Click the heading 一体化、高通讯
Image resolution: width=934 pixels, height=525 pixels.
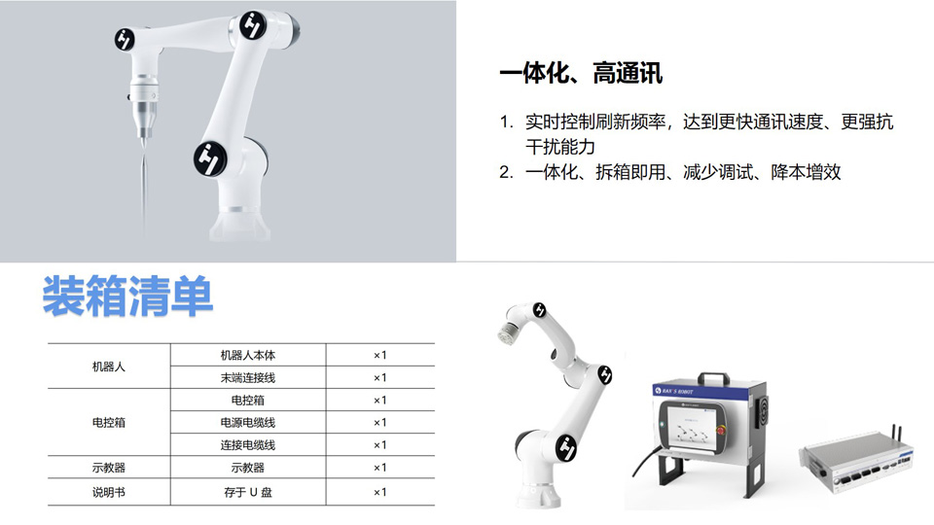tap(581, 73)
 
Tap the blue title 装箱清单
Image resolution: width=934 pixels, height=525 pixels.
tap(127, 296)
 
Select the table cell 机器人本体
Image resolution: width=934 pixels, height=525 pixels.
tap(248, 356)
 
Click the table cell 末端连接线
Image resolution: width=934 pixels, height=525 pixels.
tap(248, 377)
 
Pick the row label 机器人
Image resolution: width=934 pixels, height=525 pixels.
tap(108, 367)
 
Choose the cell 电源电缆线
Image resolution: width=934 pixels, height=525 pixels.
tap(248, 423)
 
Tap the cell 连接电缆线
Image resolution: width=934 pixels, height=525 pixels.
tap(248, 444)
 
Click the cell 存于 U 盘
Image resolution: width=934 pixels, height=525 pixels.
tap(248, 492)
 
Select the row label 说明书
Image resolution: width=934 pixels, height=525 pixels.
tap(108, 492)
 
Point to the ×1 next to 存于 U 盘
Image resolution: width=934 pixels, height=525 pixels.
tap(380, 492)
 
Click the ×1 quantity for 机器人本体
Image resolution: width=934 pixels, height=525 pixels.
tap(380, 356)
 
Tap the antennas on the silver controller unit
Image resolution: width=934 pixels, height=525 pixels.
tap(895, 435)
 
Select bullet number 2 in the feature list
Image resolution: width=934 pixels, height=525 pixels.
tap(506, 173)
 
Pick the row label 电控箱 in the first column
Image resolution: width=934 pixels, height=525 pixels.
tap(108, 423)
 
